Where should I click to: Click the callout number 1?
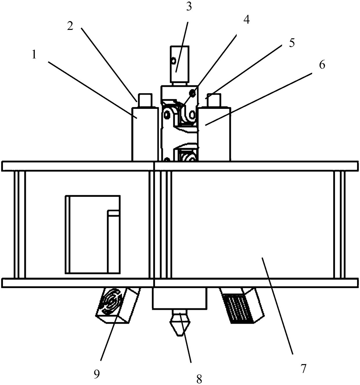(34, 55)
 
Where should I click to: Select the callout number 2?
(70, 26)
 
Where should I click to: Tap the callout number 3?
(189, 7)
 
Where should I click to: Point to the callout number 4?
(246, 19)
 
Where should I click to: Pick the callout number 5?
(291, 43)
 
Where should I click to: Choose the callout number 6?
(322, 65)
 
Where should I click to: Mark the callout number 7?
(303, 368)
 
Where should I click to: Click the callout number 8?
(199, 379)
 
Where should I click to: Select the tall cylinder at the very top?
(180, 64)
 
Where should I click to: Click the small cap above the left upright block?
(145, 100)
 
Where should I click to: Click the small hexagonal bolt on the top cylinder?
(173, 61)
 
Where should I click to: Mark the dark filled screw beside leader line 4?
(192, 93)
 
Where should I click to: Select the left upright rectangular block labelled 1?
(145, 134)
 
